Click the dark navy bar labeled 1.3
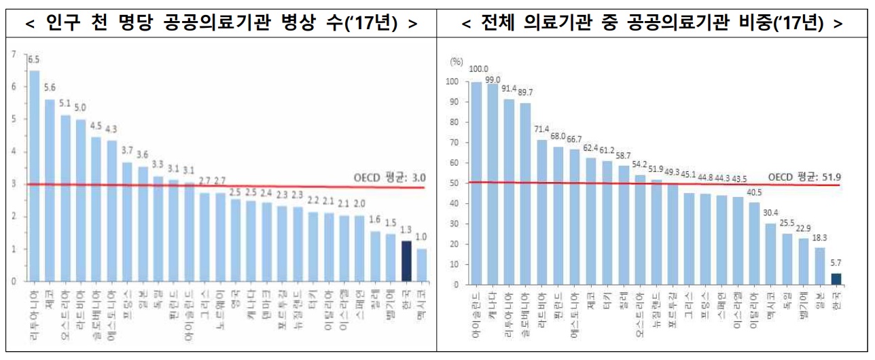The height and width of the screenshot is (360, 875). click(x=406, y=261)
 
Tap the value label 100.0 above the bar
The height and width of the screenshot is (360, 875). click(x=479, y=69)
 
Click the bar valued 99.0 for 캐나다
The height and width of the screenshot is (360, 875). click(x=494, y=183)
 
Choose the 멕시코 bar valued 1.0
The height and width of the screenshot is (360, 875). click(x=421, y=265)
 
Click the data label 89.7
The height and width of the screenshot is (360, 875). click(x=525, y=92)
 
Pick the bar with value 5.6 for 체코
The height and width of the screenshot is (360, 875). click(x=50, y=190)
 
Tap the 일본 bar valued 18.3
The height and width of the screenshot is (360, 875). click(x=819, y=266)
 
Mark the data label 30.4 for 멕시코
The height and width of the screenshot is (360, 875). click(x=770, y=213)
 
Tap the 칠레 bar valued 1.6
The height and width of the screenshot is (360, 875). click(x=374, y=256)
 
